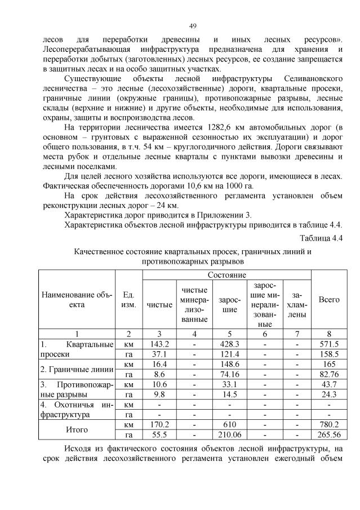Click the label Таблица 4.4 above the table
click(x=321, y=237)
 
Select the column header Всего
click(x=329, y=299)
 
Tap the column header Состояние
click(x=226, y=274)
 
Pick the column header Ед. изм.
click(x=128, y=299)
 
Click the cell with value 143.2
click(x=159, y=344)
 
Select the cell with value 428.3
click(x=229, y=344)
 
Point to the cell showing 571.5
click(x=329, y=344)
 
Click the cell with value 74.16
click(x=229, y=374)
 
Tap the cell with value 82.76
click(x=329, y=374)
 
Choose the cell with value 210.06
click(x=229, y=434)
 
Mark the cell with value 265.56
click(x=329, y=434)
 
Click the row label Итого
click(x=77, y=429)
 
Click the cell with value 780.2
click(x=329, y=424)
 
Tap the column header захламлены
click(x=297, y=304)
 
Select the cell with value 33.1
click(x=229, y=384)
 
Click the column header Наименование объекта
click(x=77, y=299)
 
